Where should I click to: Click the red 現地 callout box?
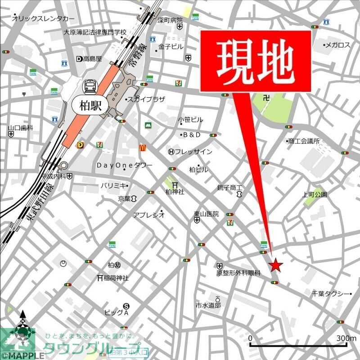(x=255, y=62)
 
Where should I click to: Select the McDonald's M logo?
(x=143, y=147)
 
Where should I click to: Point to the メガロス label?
(x=337, y=45)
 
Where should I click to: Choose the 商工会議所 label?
(x=304, y=141)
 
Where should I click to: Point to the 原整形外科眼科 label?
(x=238, y=273)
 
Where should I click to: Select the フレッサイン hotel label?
(x=193, y=152)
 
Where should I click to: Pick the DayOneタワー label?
(x=125, y=166)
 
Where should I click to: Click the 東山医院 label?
(x=207, y=214)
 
